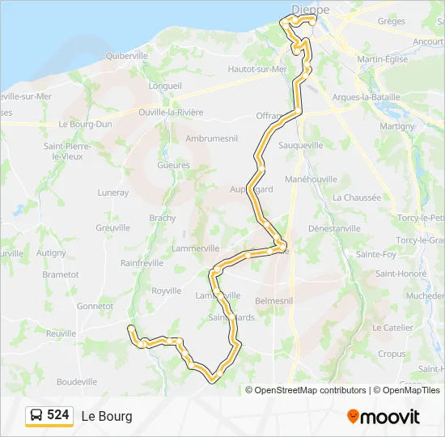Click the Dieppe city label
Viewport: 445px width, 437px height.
pos(310,9)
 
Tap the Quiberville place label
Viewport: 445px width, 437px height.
pos(126,55)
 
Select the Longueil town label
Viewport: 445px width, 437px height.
pos(165,85)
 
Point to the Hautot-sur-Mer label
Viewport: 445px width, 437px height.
pos(257,69)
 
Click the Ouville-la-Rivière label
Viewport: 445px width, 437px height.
pos(171,112)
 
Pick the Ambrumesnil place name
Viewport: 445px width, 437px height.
pos(210,138)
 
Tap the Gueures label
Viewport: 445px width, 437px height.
pos(174,165)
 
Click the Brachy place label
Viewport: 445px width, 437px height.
pos(162,218)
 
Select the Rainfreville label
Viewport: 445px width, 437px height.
pos(142,262)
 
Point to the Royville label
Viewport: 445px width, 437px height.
pos(166,290)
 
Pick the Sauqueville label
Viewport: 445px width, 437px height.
pos(300,145)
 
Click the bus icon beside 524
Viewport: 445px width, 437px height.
pos(36,416)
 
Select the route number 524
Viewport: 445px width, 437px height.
pos(58,415)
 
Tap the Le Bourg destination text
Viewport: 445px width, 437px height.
pos(106,417)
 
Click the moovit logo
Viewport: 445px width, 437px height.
pos(384,417)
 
